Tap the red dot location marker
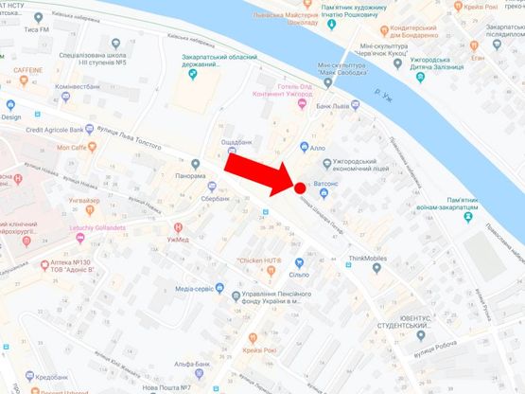[299, 188]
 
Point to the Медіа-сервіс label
[197, 288]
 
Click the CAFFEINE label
[28, 71]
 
